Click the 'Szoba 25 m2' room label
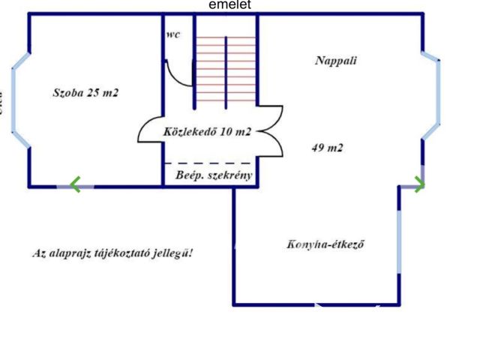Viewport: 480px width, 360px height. (x=85, y=93)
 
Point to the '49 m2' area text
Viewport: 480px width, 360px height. (x=327, y=148)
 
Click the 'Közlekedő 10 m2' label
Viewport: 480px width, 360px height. (x=207, y=132)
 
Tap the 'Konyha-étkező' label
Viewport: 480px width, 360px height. (x=325, y=244)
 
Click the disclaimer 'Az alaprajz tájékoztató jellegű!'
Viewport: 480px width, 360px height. (x=112, y=253)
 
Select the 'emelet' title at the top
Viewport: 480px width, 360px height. (x=230, y=5)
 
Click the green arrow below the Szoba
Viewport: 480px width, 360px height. (x=75, y=184)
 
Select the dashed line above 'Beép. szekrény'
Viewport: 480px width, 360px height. (x=208, y=163)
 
